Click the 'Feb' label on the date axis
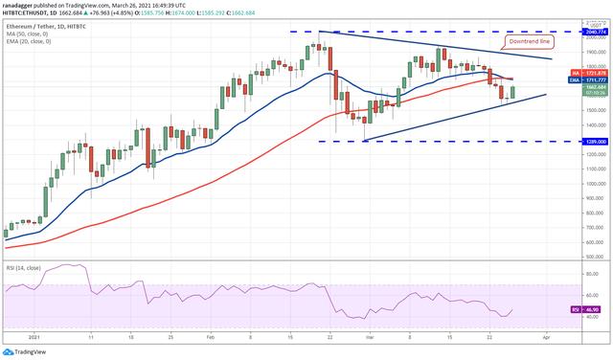click(210, 337)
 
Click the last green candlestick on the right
click(513, 92)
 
